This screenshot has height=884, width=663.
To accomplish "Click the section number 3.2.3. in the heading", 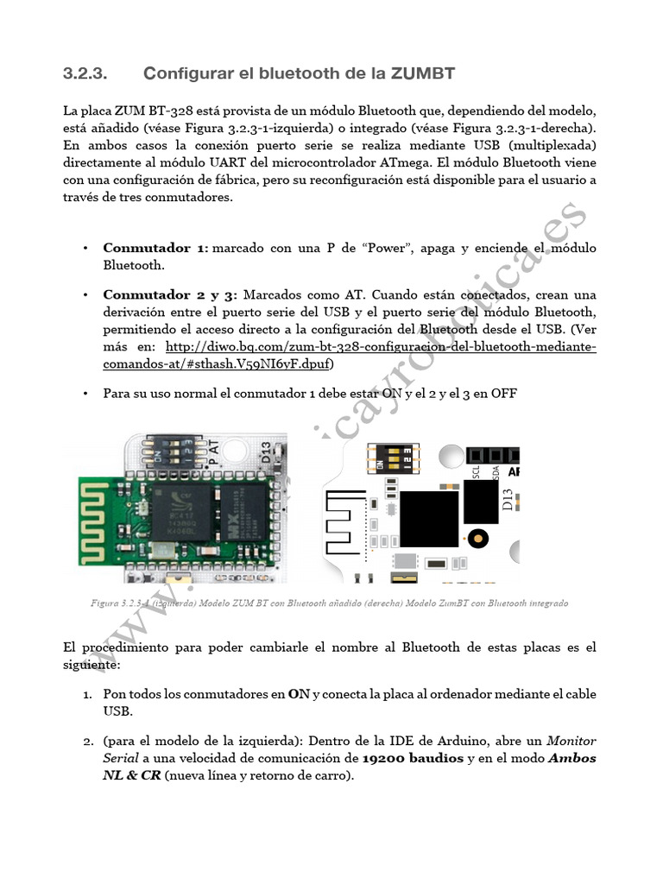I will [85, 74].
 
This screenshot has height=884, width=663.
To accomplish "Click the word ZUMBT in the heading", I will [422, 74].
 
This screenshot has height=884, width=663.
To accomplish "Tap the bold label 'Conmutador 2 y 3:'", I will [170, 295].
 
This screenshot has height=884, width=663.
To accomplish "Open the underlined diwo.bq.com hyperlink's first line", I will [379, 347].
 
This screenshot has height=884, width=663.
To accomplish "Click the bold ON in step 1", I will [299, 694].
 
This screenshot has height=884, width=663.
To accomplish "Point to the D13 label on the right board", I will [508, 501].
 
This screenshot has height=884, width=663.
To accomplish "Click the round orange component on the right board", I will [476, 540].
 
